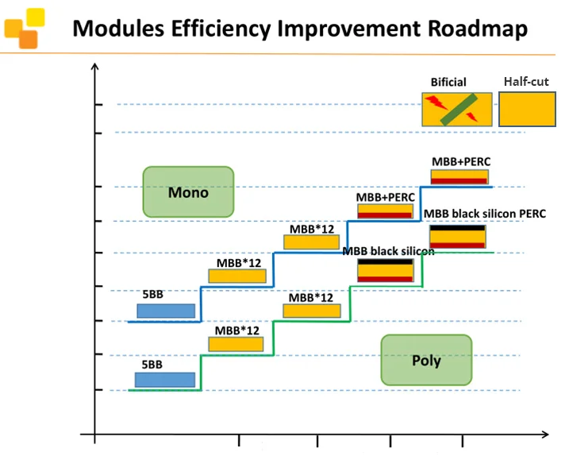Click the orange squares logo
(24, 28)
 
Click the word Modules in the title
(117, 29)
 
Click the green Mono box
(188, 192)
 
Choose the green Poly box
(426, 360)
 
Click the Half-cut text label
(526, 81)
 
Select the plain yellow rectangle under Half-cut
(526, 110)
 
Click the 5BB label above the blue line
(152, 294)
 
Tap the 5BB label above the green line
(152, 365)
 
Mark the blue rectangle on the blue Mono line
(166, 311)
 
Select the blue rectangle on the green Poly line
(164, 380)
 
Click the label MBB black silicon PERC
(484, 214)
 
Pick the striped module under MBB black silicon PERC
(457, 237)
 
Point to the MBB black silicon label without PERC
(389, 251)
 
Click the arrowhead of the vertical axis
(95, 70)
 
